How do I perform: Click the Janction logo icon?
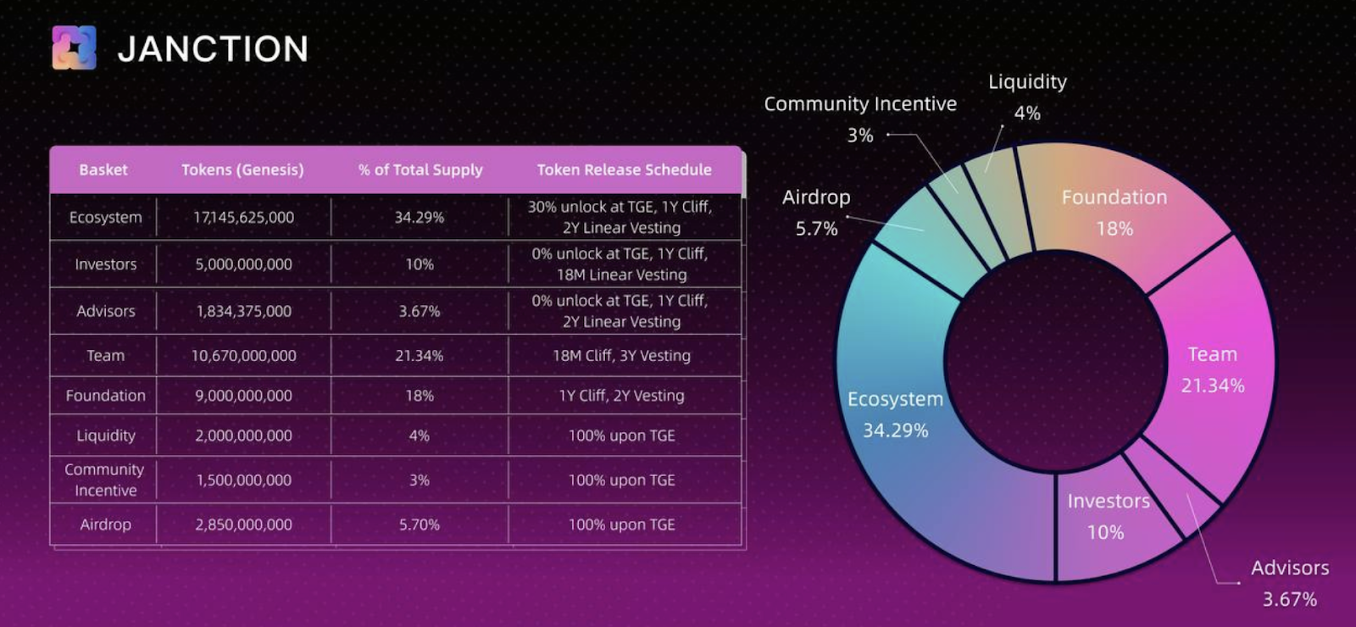point(74,47)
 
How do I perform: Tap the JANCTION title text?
point(213,49)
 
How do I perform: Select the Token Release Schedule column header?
point(624,169)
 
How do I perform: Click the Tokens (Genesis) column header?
point(242,169)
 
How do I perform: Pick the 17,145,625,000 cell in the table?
point(243,217)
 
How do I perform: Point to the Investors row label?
point(105,264)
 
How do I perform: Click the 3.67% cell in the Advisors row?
point(419,311)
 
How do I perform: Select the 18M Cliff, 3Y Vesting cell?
point(621,356)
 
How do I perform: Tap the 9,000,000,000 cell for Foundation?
point(243,396)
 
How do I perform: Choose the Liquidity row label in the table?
point(105,436)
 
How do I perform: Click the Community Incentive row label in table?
point(104,480)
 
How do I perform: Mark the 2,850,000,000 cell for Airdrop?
point(243,524)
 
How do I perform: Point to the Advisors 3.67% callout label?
point(1290,583)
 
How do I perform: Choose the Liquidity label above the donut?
point(1027,82)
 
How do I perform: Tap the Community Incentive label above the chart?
point(860,104)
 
